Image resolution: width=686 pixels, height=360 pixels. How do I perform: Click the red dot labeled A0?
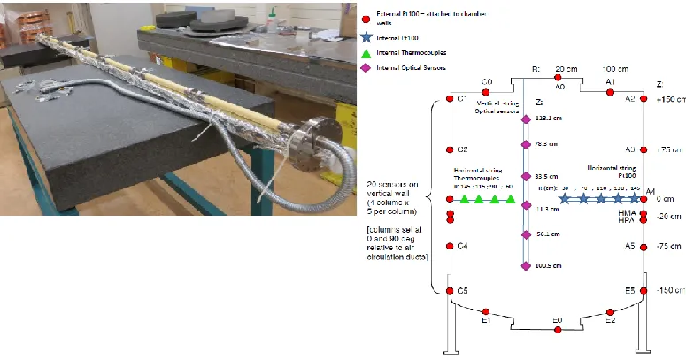pyautogui.click(x=559, y=79)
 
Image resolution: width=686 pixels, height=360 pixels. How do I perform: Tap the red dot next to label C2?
pyautogui.click(x=451, y=149)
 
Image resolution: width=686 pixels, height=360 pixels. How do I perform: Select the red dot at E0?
pyautogui.click(x=558, y=330)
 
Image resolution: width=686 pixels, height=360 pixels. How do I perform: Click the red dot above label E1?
pyautogui.click(x=486, y=312)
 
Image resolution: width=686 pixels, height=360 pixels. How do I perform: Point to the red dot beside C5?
pyautogui.click(x=451, y=290)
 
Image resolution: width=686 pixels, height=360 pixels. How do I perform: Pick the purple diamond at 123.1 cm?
pyautogui.click(x=525, y=119)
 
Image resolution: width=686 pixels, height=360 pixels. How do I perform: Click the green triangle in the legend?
pyautogui.click(x=368, y=53)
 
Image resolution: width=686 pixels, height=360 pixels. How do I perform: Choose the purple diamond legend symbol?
pyautogui.click(x=368, y=67)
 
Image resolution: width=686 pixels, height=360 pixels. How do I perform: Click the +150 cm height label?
pyautogui.click(x=670, y=100)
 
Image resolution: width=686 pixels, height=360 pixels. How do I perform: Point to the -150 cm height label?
pyautogui.click(x=670, y=290)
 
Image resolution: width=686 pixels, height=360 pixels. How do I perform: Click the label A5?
pyautogui.click(x=630, y=247)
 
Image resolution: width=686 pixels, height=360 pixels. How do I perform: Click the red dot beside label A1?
pyautogui.click(x=609, y=90)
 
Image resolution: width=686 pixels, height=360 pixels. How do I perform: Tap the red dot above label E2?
pyautogui.click(x=611, y=312)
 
